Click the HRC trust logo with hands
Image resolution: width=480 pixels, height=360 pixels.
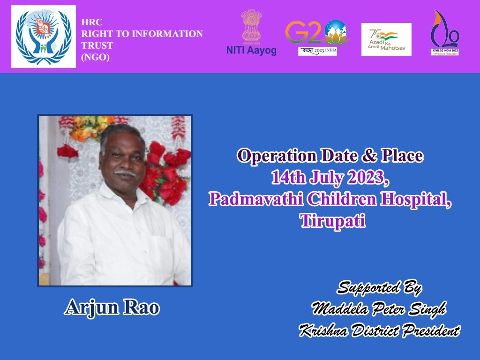pos(44,37)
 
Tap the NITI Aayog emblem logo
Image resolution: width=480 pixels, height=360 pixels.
pos(251,32)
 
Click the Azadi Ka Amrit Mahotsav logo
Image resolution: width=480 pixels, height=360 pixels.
pos(386,39)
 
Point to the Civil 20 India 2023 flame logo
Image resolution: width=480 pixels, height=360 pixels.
pos(445,33)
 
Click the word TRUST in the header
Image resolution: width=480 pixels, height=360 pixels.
pos(97,45)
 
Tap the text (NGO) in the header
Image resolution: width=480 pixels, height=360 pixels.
pos(95,57)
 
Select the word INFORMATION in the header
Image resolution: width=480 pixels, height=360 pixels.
pos(167,34)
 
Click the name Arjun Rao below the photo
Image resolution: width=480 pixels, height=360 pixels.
pos(112,307)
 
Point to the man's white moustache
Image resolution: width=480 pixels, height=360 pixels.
pos(125,173)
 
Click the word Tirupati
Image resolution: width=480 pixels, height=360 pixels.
pos(333,220)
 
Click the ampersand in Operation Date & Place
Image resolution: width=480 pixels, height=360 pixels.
pos(369,156)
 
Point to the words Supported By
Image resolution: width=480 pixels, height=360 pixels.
pos(379,288)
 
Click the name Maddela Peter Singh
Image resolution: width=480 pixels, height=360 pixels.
pos(379,309)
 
